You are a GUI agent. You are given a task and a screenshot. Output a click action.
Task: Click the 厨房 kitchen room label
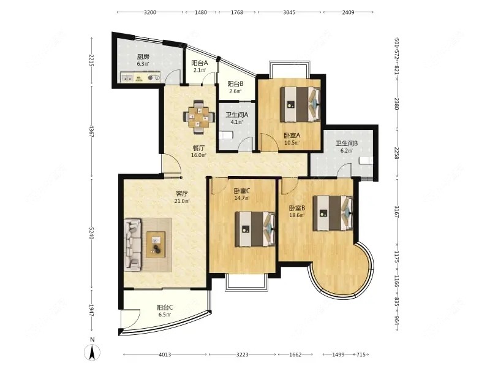tap(143, 56)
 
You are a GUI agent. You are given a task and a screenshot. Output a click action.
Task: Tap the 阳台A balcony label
tap(200, 63)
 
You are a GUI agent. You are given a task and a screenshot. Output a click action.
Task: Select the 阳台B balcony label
tap(235, 84)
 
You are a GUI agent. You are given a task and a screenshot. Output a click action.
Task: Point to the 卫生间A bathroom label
tap(237, 115)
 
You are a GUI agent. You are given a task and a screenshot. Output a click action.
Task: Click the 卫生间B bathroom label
tap(347, 144)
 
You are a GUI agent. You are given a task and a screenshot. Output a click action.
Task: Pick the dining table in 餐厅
tap(198, 117)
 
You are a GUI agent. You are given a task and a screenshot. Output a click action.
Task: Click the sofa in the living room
tap(133, 245)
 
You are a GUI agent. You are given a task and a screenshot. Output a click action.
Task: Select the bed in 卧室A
tap(300, 104)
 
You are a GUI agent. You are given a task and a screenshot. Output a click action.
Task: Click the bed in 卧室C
tap(255, 229)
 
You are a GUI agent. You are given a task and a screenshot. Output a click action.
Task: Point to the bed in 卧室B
tap(333, 213)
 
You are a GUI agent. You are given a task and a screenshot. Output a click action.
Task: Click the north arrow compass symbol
tap(92, 352)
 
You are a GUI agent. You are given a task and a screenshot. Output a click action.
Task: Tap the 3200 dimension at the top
tap(150, 12)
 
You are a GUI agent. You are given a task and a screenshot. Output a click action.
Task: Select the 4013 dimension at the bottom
tap(165, 355)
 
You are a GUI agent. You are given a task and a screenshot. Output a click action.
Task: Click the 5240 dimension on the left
tap(91, 233)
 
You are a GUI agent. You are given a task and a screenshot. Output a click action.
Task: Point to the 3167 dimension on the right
tap(396, 212)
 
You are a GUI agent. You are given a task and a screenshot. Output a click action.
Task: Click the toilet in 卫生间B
tap(366, 160)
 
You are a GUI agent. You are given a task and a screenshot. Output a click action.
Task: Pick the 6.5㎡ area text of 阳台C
tap(164, 315)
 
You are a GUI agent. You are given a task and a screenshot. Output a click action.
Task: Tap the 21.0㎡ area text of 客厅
tap(182, 201)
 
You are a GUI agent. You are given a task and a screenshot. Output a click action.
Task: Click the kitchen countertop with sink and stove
tap(141, 78)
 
